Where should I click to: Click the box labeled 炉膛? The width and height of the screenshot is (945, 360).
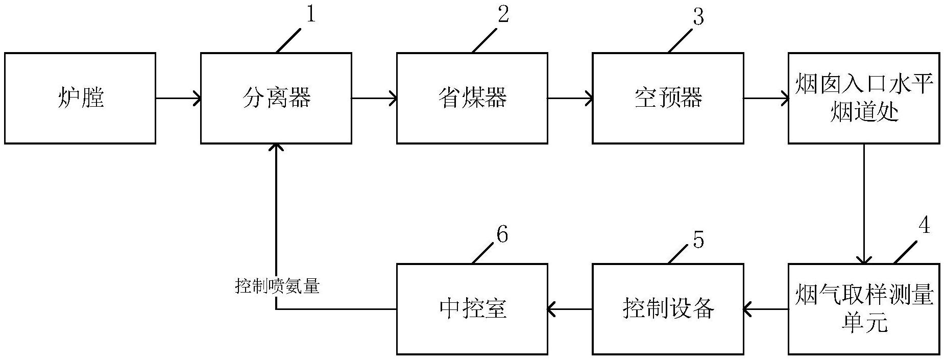point(80,98)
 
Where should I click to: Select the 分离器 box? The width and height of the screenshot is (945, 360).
point(276,98)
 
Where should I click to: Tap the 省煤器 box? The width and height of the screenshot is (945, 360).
point(472,98)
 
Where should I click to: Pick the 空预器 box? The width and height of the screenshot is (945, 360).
point(668,98)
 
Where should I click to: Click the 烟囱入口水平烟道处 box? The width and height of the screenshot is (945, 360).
point(864,98)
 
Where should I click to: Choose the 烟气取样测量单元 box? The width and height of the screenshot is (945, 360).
point(864,309)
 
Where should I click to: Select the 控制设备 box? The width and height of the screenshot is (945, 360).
point(668,309)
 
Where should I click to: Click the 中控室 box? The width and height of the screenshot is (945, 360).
point(472,309)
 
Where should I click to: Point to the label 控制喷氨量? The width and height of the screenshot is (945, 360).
point(277,286)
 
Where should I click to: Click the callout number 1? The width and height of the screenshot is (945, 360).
point(310,15)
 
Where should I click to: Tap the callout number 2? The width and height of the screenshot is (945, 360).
point(503,15)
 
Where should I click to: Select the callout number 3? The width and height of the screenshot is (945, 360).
point(698,17)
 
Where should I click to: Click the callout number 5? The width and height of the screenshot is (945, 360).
point(698,239)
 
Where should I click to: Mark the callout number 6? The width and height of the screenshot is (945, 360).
point(502,235)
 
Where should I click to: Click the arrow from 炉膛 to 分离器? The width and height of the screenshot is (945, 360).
point(178,98)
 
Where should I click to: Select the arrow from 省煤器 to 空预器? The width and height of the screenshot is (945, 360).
point(570,98)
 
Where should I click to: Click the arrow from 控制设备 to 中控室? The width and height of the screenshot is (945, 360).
point(570,309)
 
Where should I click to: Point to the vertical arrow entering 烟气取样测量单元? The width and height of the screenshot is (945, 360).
point(864,204)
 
